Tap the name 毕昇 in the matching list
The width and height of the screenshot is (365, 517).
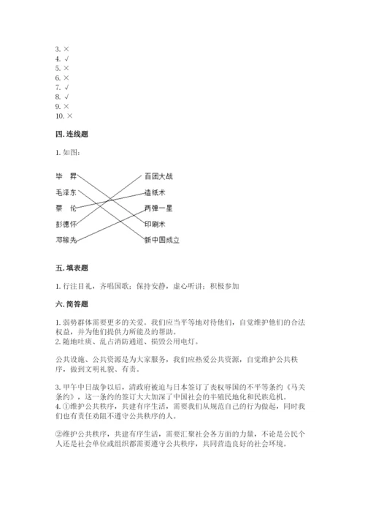click(x=66, y=177)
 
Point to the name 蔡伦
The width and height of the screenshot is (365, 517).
click(x=66, y=208)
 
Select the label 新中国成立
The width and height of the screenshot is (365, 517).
click(x=161, y=239)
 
